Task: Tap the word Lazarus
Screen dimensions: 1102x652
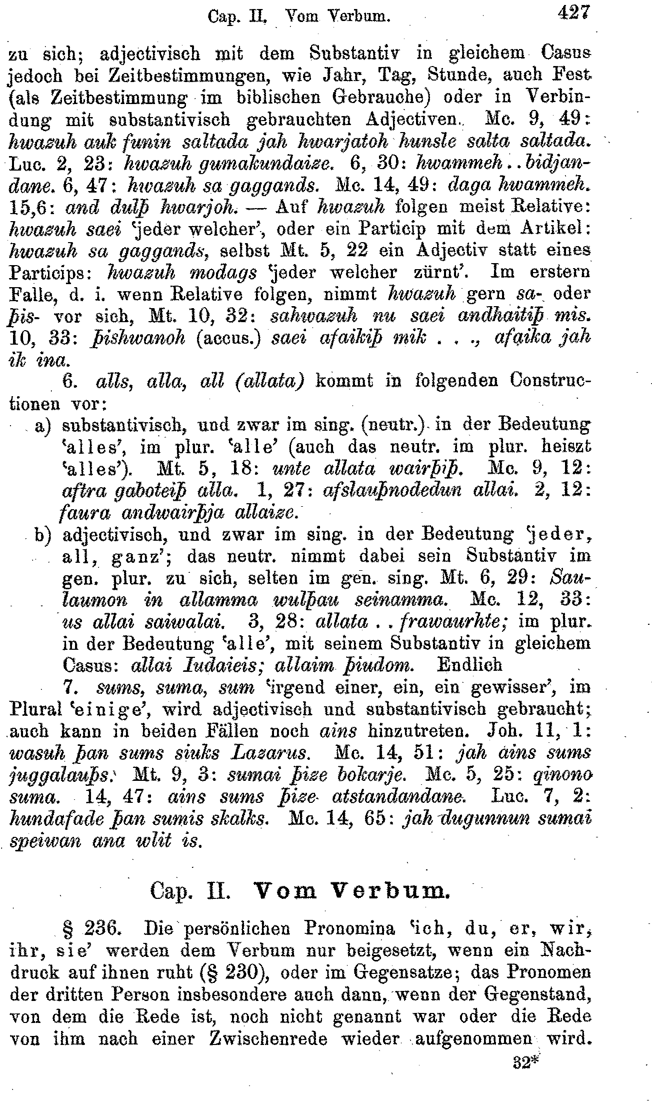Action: click(x=268, y=753)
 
